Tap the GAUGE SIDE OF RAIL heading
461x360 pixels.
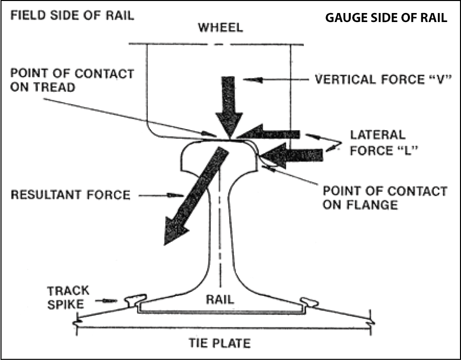tap(386, 18)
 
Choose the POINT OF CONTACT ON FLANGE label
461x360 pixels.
tap(384, 197)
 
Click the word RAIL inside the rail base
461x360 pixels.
tap(220, 299)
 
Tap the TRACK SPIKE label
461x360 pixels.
tap(68, 296)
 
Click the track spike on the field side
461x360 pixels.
tap(136, 300)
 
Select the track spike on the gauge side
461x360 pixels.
tap(309, 301)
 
